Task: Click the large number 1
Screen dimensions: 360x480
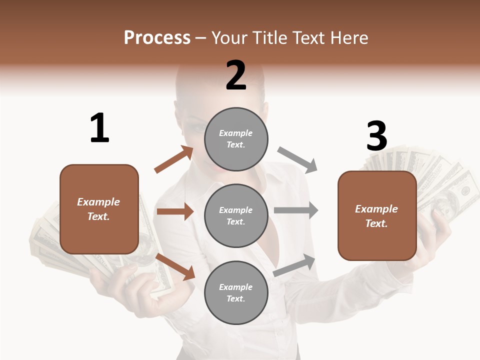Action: click(x=99, y=128)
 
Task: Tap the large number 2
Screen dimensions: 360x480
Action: click(x=236, y=75)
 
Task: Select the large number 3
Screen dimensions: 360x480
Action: click(x=376, y=136)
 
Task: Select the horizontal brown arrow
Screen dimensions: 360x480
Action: click(x=175, y=211)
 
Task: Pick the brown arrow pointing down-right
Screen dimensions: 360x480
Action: click(x=175, y=266)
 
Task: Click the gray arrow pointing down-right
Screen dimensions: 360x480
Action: click(x=297, y=160)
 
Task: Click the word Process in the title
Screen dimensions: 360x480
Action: click(x=157, y=37)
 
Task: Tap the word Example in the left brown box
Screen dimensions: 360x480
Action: click(x=98, y=202)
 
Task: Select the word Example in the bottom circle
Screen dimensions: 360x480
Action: click(x=236, y=287)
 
